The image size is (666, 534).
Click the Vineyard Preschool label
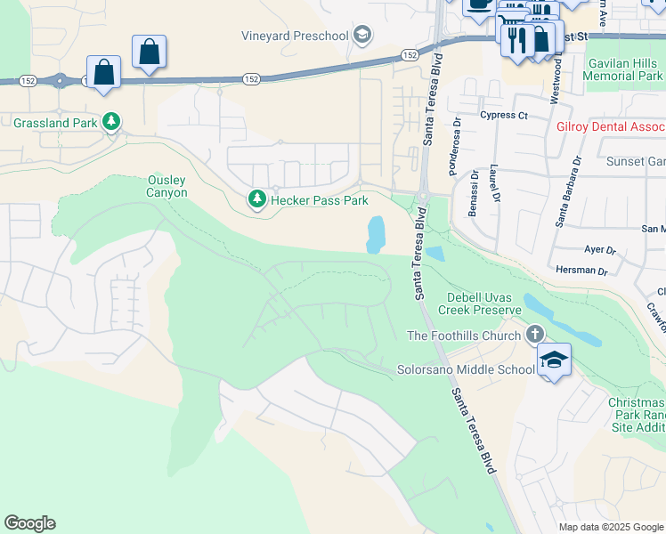295,36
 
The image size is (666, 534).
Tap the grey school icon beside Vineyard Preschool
361,36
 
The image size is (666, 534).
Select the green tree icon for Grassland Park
110,122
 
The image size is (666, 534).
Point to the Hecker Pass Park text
320,200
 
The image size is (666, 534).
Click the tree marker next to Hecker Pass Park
257,199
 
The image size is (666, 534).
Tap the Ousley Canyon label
167,186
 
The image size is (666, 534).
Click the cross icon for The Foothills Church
534,335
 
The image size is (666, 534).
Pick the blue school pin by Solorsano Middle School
554,360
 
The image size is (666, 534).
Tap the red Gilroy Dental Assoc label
610,127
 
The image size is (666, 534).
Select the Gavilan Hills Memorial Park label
622,69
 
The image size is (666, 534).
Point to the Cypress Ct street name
503,116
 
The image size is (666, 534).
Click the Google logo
29,523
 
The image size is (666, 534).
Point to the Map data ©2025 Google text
610,527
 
